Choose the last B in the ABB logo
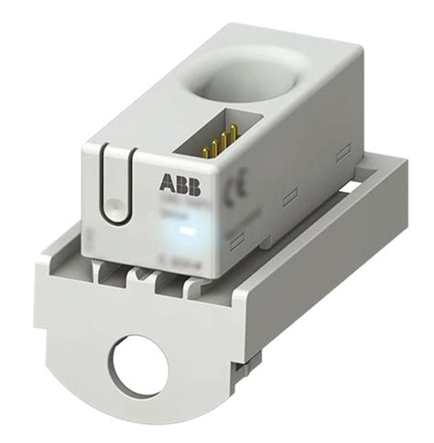point(187,181)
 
